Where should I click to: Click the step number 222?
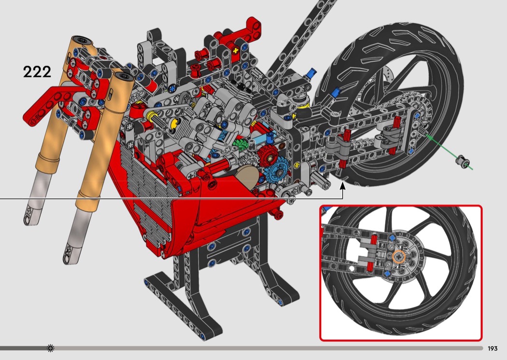(x=37, y=71)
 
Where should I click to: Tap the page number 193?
(x=493, y=348)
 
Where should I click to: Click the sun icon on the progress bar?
(x=50, y=348)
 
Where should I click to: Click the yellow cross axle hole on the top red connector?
(x=235, y=51)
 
